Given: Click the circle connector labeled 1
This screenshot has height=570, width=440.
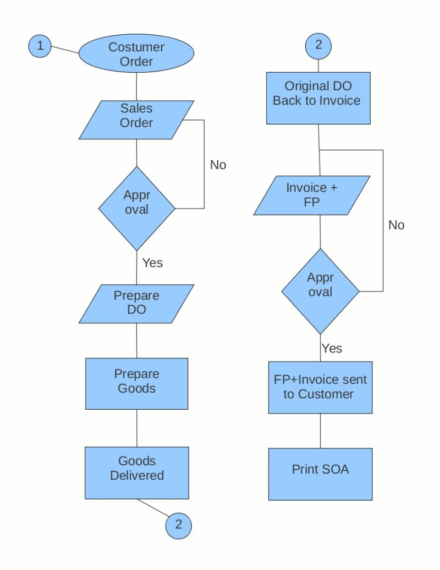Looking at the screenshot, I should pyautogui.click(x=40, y=46).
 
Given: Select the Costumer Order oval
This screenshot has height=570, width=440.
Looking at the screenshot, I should pyautogui.click(x=136, y=54).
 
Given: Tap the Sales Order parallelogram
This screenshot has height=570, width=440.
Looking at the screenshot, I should pyautogui.click(x=136, y=119).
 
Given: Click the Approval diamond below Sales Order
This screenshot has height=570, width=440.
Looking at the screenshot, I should pyautogui.click(x=136, y=208).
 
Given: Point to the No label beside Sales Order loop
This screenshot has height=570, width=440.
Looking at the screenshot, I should pyautogui.click(x=218, y=165).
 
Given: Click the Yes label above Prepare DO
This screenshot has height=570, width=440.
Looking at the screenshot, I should pyautogui.click(x=152, y=263).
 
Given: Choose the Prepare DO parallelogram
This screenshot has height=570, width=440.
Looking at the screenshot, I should pyautogui.click(x=136, y=303).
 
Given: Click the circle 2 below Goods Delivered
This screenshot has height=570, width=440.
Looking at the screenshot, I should pyautogui.click(x=178, y=524).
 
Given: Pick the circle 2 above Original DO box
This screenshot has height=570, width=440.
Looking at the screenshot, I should pyautogui.click(x=318, y=46).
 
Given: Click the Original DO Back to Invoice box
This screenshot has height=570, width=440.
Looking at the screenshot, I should pyautogui.click(x=318, y=97).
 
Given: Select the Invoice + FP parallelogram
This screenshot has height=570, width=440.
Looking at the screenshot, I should pyautogui.click(x=312, y=195).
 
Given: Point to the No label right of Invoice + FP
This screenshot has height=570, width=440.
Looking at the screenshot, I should pyautogui.click(x=396, y=225).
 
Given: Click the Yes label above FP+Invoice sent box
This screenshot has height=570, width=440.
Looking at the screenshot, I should pyautogui.click(x=332, y=348).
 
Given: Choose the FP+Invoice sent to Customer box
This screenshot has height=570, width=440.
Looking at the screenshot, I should pyautogui.click(x=320, y=387).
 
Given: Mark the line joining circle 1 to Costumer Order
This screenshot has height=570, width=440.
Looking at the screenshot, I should pyautogui.click(x=65, y=51).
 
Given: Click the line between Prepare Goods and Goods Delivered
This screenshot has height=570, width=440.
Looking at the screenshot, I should pyautogui.click(x=136, y=428).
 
